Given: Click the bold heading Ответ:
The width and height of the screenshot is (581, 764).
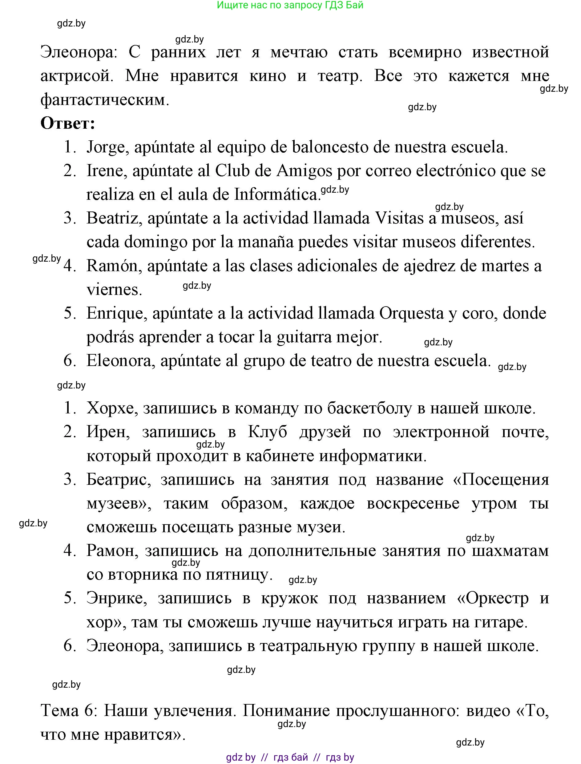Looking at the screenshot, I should click(x=68, y=123).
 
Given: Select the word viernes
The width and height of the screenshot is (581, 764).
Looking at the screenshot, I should click(x=114, y=290).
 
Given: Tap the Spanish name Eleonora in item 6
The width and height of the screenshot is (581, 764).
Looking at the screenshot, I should click(x=120, y=361).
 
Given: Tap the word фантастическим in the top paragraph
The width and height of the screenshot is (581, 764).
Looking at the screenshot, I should click(x=105, y=100).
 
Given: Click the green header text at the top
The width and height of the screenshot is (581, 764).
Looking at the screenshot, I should click(x=290, y=5).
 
